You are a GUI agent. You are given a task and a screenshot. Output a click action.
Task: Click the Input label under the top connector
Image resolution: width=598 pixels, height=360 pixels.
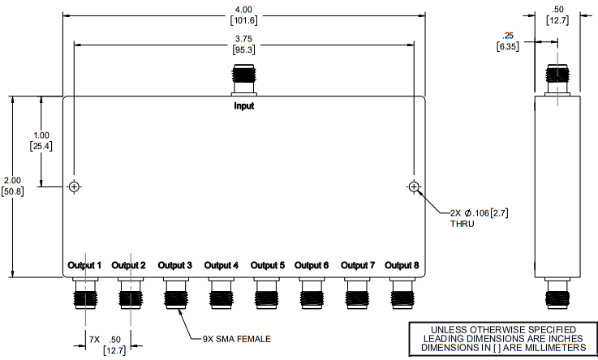pos(244,105)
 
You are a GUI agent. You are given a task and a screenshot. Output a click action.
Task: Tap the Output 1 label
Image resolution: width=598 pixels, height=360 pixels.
pos(84,265)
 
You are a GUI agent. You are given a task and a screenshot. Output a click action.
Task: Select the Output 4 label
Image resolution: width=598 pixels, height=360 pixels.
pos(222,265)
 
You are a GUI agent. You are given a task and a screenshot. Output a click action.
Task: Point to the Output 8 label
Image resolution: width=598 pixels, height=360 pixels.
pos(402,265)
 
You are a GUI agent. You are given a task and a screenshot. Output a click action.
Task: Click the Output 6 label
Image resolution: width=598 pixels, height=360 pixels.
pos(312,265)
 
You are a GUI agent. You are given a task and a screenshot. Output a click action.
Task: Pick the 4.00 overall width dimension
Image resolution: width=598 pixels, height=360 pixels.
pos(244,9)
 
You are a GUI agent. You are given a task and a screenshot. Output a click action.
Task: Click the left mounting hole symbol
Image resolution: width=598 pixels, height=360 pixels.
pos(75,187)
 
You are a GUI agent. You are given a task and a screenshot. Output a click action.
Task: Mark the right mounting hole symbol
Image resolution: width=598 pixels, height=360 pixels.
pos(415,187)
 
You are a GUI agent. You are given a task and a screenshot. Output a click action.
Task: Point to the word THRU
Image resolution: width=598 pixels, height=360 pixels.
pos(463,224)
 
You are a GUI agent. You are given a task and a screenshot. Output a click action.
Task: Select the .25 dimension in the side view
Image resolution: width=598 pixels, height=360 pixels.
pos(509,36)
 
